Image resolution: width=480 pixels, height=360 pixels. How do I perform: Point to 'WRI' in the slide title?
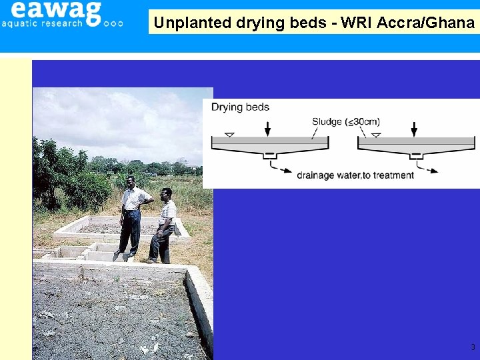(357, 23)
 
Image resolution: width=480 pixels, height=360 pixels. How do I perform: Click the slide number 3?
(473, 347)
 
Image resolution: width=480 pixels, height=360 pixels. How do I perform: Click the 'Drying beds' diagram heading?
(240, 107)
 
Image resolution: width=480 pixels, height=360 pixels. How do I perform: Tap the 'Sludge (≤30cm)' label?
(345, 121)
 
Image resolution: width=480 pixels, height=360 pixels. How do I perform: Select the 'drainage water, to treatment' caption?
(355, 175)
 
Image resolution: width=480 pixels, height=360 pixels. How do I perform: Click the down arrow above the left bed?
(268, 129)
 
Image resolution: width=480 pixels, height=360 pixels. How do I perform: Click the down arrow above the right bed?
(415, 129)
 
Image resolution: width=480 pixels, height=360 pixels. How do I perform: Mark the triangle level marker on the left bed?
(229, 135)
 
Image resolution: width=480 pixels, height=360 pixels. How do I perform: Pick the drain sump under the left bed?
(269, 156)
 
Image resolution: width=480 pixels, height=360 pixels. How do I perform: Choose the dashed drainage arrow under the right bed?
(427, 166)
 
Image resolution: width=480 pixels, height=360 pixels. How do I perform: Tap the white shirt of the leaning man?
(167, 212)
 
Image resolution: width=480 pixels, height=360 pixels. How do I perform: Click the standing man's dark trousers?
(129, 231)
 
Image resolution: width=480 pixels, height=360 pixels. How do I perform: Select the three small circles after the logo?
(113, 23)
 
